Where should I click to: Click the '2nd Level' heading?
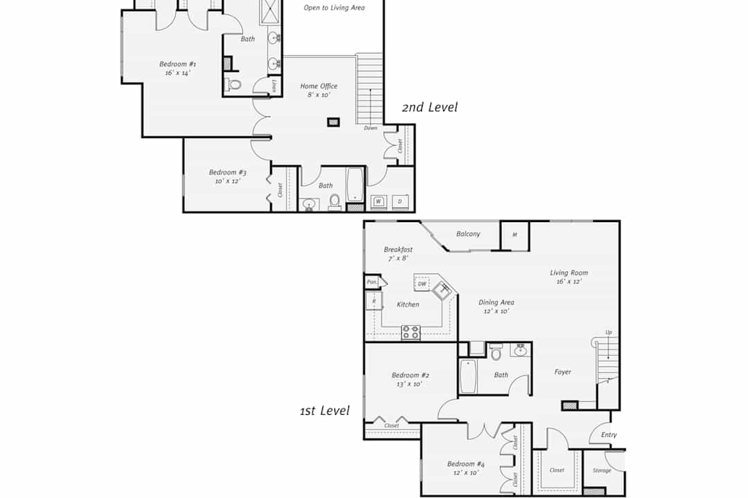coord(429,107)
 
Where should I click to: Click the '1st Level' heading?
coord(324,411)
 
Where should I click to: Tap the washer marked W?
coord(378,201)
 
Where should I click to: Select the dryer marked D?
coord(400,201)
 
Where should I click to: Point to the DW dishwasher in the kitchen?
coord(422,284)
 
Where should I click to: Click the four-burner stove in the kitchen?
coord(410,332)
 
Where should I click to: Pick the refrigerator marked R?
coord(374,301)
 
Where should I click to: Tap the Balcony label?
coord(468,234)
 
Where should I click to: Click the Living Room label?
coord(569,273)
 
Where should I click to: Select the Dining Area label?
coord(496,302)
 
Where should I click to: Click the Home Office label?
coord(319,86)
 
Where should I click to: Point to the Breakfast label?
coord(398,250)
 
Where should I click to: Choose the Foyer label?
coord(563,372)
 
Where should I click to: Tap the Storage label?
coord(602,470)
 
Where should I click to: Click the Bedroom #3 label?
coord(228,172)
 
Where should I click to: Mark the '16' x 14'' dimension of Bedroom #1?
coord(178,73)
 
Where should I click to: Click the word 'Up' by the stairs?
coord(609,332)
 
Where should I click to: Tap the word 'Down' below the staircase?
coord(371,128)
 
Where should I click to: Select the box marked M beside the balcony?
coord(515,235)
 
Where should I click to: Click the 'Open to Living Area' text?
coord(334,8)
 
